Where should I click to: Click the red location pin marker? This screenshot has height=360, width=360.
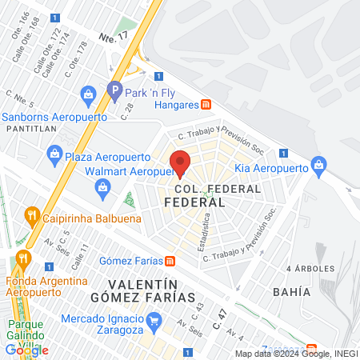(x=180, y=162)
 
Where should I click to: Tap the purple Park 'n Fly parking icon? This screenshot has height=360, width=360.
(x=114, y=90)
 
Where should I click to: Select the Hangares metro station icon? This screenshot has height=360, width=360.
(x=206, y=104)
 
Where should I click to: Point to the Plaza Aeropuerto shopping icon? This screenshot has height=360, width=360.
(x=54, y=152)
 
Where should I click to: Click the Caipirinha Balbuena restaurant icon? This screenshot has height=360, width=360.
(x=32, y=214)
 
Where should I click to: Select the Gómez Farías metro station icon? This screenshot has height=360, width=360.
(x=170, y=261)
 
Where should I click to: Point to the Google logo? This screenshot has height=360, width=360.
(x=26, y=350)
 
